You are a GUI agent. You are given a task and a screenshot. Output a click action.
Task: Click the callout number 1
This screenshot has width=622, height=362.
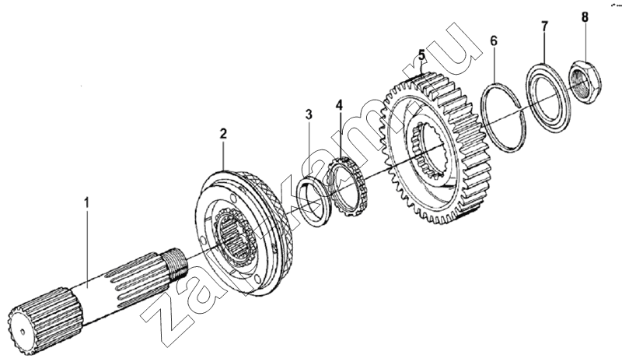click(86, 202)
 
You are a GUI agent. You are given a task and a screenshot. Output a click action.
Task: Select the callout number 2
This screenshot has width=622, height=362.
click(223, 133)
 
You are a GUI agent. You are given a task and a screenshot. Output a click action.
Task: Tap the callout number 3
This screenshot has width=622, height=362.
click(309, 114)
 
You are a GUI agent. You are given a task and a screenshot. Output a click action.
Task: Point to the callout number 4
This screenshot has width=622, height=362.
click(339, 105)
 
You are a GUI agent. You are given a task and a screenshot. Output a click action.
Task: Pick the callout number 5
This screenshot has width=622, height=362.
click(421, 55)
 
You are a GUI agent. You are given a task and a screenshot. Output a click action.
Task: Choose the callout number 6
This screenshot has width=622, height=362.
click(494, 40)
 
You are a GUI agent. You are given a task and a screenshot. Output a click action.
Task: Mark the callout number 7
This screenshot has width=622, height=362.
click(544, 26)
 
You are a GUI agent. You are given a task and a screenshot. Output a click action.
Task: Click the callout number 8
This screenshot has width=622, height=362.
click(585, 17)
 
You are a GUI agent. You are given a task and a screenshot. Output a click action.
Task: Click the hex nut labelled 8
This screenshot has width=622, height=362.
click(585, 82)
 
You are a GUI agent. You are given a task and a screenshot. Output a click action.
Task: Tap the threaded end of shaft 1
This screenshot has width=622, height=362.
click(176, 263)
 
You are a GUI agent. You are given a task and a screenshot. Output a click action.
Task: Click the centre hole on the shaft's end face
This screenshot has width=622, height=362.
click(23, 330)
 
